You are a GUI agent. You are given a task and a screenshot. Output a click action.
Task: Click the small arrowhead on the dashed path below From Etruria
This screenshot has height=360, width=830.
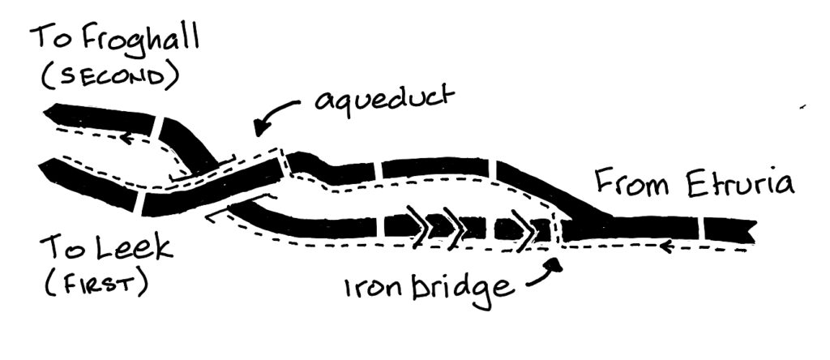coord(664,243)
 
